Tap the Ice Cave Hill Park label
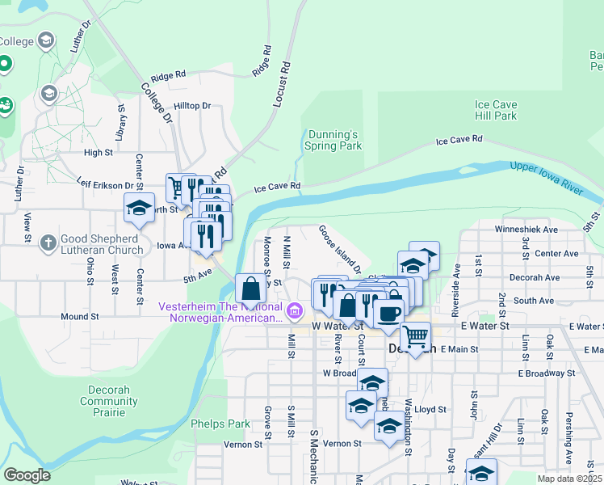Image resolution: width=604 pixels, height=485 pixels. [496, 110]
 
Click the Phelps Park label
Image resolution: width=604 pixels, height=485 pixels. [220, 424]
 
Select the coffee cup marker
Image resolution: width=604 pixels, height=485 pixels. [388, 313]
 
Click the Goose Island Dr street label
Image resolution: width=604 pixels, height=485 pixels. [339, 247]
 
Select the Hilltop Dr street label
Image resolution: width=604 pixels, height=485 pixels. [192, 106]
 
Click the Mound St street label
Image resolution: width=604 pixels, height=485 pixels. [78, 317]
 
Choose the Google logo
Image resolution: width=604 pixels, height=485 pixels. [26, 475]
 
